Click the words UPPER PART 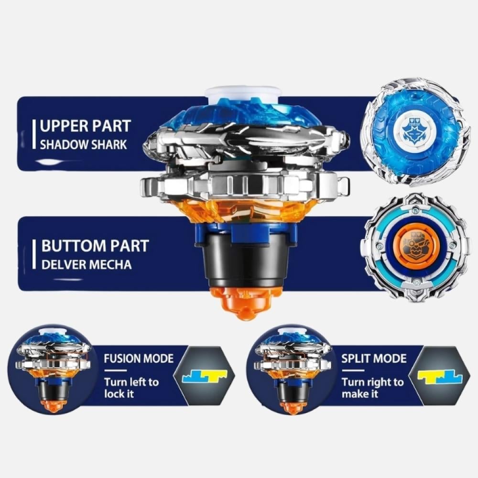pos(86,126)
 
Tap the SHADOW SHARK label pos(83,144)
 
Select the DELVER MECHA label pos(86,264)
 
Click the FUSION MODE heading pos(139,358)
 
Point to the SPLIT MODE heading pos(374,358)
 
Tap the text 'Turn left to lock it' pos(131,388)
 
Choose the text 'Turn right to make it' pos(372,388)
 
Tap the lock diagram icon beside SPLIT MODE pos(440,377)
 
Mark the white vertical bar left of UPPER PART pos(34,134)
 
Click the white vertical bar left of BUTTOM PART pos(34,254)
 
